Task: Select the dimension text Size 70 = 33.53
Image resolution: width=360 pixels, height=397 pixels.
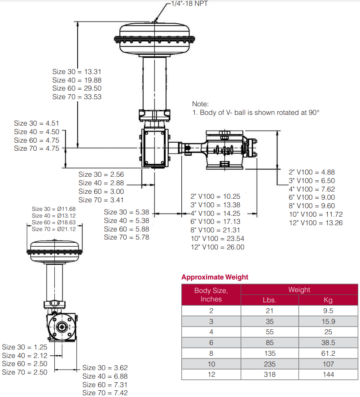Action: (77, 97)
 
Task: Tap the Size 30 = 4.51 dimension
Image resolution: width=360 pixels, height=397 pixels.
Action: (36, 123)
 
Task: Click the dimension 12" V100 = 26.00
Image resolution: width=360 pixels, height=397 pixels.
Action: (217, 247)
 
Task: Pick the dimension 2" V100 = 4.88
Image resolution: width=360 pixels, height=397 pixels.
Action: (312, 172)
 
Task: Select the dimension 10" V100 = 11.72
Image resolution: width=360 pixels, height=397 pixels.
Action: (316, 214)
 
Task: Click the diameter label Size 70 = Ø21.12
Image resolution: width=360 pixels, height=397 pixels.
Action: (53, 229)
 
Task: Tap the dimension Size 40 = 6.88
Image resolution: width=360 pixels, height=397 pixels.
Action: (105, 376)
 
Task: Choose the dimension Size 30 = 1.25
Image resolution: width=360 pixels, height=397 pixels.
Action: (25, 347)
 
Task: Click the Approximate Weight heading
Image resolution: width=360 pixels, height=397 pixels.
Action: (215, 277)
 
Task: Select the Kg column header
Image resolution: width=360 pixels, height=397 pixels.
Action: (328, 300)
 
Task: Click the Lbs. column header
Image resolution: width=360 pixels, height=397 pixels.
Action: (269, 300)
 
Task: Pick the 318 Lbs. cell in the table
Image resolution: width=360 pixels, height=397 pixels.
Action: (269, 374)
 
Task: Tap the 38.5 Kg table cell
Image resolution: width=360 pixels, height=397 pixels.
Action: (328, 343)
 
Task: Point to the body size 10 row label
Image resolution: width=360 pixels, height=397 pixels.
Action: (211, 364)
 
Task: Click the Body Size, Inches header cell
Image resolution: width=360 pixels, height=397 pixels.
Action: (211, 295)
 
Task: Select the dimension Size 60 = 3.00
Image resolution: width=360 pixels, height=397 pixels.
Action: (101, 192)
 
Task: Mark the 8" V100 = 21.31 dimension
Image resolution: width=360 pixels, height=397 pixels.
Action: (215, 230)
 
